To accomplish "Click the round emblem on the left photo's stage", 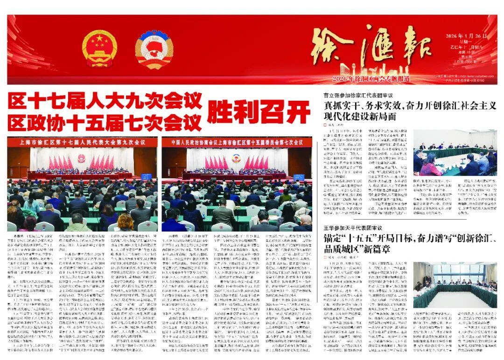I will (82, 158).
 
